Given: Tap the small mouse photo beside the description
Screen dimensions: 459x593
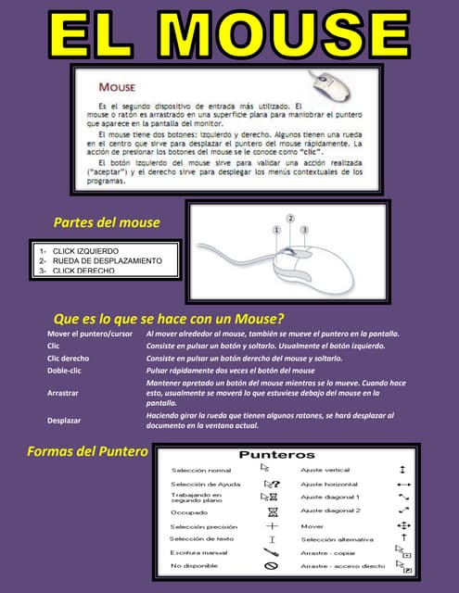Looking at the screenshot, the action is pyautogui.click(x=338, y=88).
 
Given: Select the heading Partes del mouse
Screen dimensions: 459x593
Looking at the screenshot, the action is pyautogui.click(x=107, y=222).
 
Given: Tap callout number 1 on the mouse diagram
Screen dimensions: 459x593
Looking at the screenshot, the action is pyautogui.click(x=275, y=228).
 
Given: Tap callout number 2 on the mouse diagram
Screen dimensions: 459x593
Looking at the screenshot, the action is pyautogui.click(x=290, y=218).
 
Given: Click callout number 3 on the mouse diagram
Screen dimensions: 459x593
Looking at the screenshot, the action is pyautogui.click(x=303, y=228).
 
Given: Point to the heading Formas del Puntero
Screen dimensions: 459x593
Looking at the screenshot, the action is pyautogui.click(x=88, y=451).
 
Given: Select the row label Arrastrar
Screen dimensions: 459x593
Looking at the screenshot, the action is pyautogui.click(x=64, y=393).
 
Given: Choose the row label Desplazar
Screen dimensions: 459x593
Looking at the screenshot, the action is pyautogui.click(x=64, y=421).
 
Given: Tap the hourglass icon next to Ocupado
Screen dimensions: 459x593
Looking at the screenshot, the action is pyautogui.click(x=272, y=511).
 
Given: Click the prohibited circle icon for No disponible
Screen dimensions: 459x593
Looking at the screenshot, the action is pyautogui.click(x=272, y=565).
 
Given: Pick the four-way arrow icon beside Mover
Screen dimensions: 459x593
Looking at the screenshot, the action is pyautogui.click(x=403, y=525).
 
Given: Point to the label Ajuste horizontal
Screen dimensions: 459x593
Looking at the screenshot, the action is pyautogui.click(x=329, y=484).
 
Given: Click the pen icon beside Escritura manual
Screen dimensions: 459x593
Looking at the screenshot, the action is pyautogui.click(x=272, y=552).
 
